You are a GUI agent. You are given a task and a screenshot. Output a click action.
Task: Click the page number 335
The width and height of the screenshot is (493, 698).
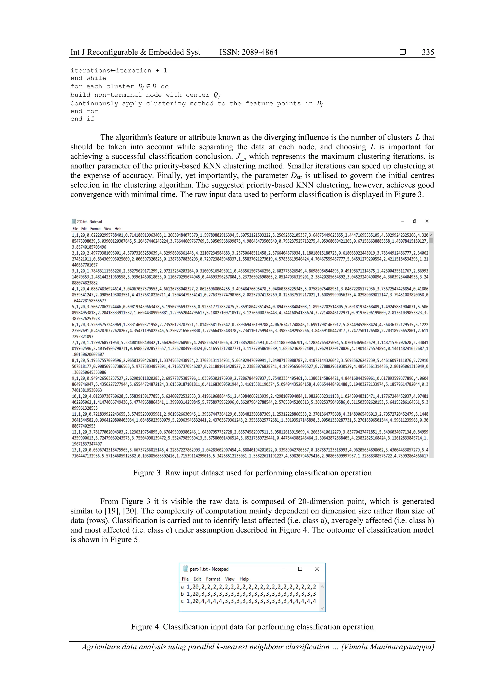[x=428, y=52]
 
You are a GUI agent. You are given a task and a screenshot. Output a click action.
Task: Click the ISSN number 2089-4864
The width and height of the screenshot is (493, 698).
[x=259, y=52]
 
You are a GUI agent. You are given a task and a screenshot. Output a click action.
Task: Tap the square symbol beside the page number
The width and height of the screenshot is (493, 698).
[x=402, y=52]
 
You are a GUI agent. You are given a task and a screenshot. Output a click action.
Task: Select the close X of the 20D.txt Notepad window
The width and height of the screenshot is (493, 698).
[x=427, y=221]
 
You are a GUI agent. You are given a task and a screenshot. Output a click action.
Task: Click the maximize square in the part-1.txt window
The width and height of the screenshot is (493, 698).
[x=300, y=569]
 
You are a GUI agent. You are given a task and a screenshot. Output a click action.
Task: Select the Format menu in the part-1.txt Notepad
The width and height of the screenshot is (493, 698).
[x=213, y=579]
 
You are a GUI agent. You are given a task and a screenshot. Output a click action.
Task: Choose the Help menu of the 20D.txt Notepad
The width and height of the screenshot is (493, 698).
[x=118, y=229]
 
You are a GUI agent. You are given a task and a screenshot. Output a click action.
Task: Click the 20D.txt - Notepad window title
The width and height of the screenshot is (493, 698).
[x=89, y=222]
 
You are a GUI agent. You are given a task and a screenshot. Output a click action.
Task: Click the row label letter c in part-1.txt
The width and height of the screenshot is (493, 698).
[x=182, y=601]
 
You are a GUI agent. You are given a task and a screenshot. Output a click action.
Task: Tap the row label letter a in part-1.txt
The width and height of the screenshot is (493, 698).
[x=182, y=587]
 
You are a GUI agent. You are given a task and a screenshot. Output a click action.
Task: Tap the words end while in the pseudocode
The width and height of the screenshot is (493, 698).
[x=88, y=78]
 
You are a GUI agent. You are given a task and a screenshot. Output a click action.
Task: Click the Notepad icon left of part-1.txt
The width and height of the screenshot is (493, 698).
[x=185, y=569]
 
